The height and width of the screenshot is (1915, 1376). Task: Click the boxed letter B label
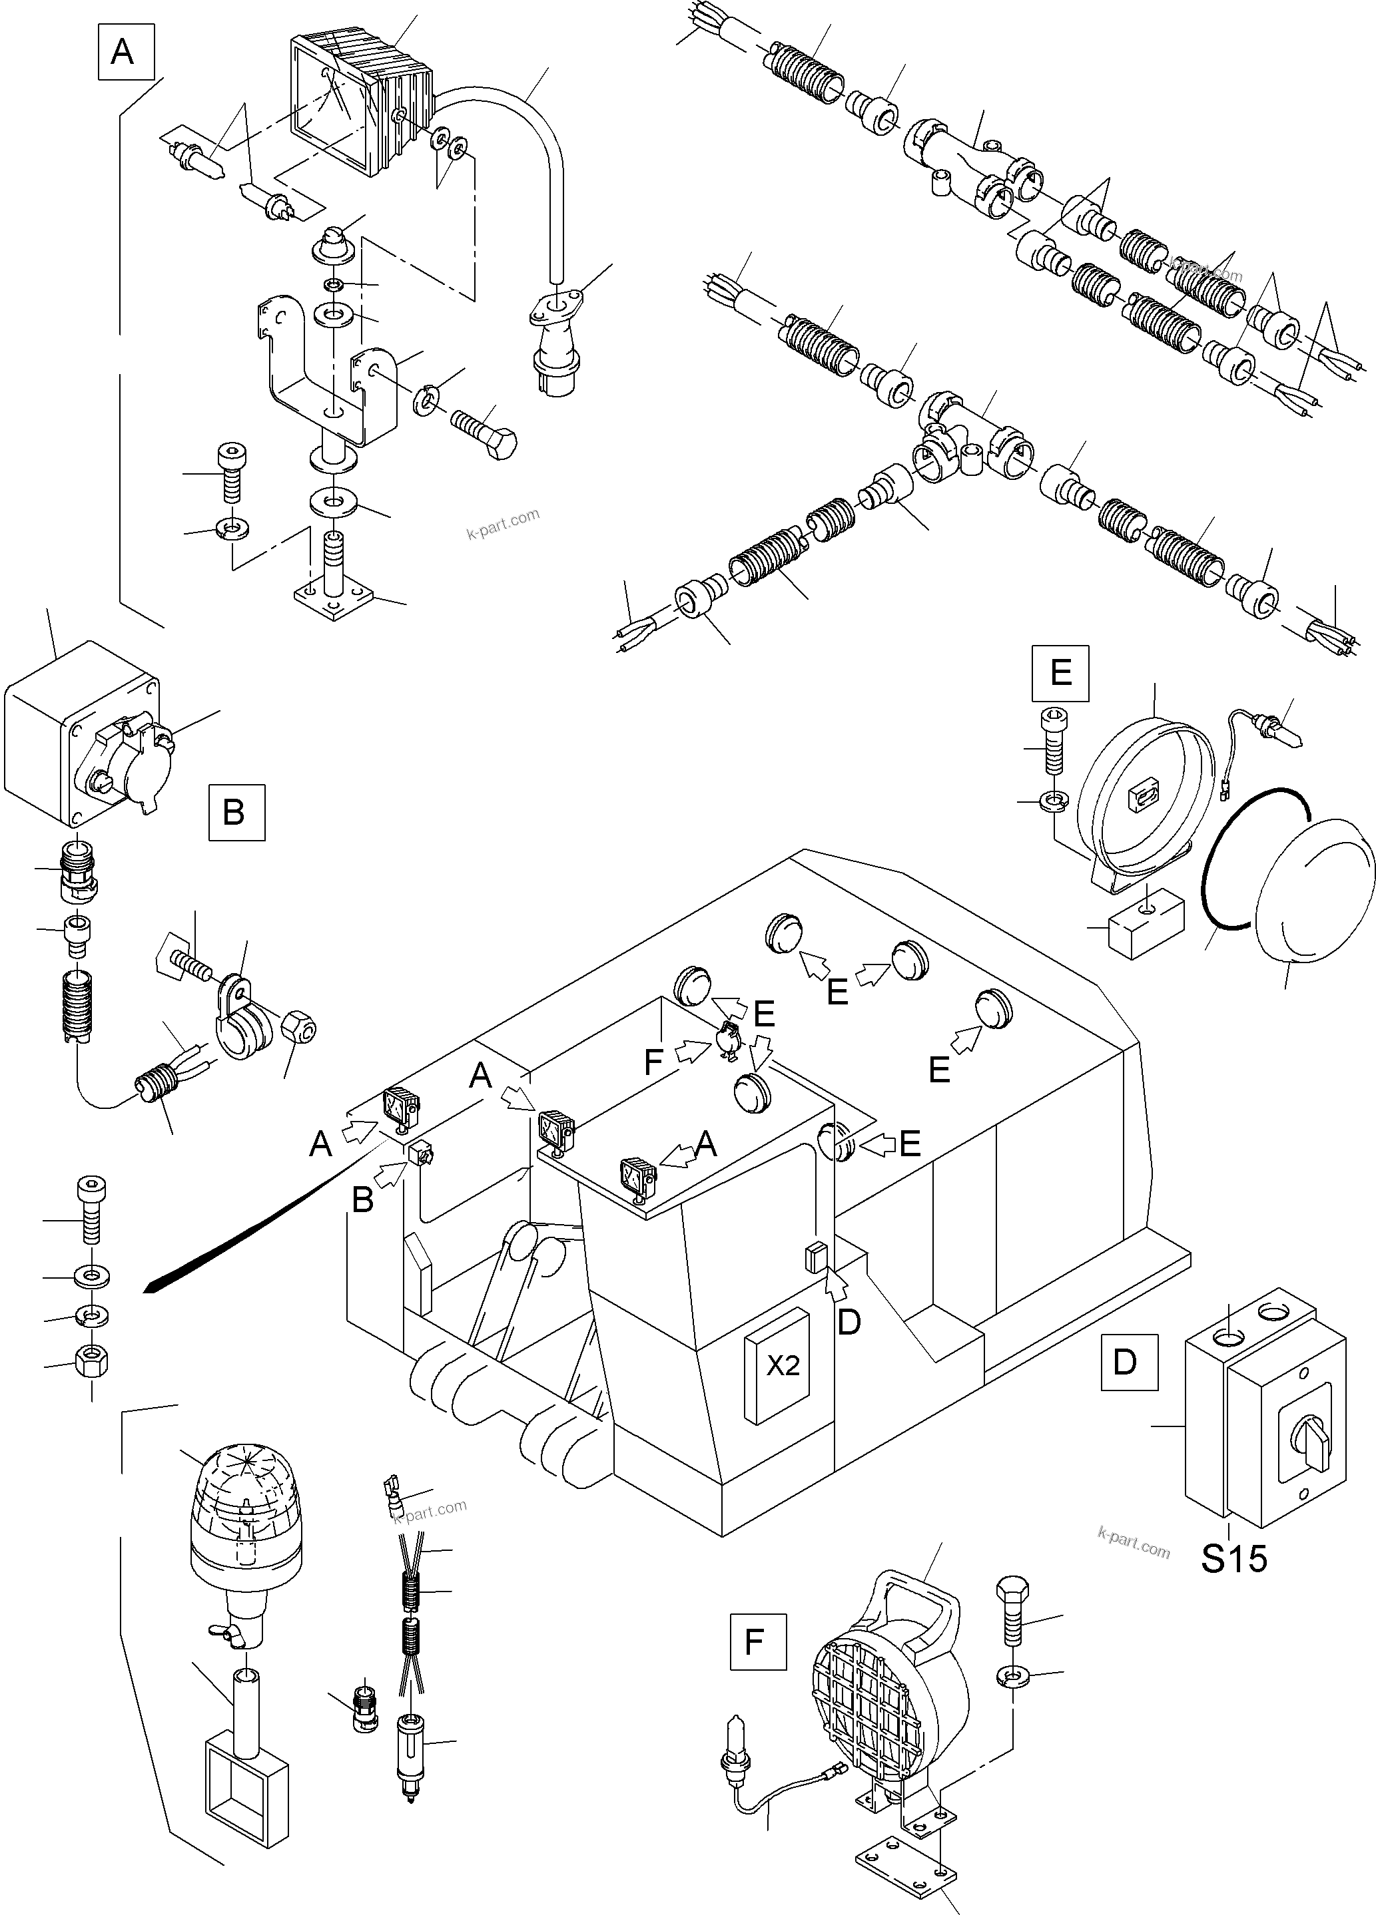[x=236, y=812]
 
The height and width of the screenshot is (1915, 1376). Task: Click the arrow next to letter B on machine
[x=390, y=1173]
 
